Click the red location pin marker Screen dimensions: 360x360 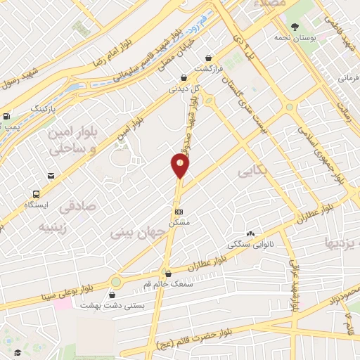click(x=180, y=166)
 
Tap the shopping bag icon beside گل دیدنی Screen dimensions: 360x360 click(x=184, y=77)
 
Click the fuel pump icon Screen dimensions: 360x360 click(x=6, y=117)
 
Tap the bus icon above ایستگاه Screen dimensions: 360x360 click(x=34, y=193)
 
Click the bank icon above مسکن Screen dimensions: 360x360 click(x=179, y=211)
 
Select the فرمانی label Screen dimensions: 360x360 click(x=349, y=77)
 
